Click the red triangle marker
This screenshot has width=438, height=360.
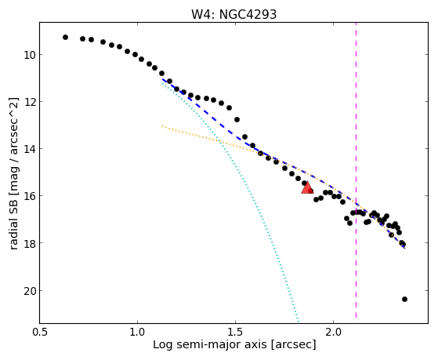point(307,187)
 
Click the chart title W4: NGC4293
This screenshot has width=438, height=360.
point(233,14)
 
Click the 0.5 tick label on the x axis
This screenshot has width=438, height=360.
point(40,332)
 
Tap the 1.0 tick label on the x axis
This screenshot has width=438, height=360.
point(137,332)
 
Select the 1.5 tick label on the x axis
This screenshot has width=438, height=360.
point(236,332)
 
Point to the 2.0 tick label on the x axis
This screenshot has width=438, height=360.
point(334,332)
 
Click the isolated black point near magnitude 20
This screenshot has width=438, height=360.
point(404,300)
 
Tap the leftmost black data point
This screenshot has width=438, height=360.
point(65,37)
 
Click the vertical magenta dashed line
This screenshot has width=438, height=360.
point(357,171)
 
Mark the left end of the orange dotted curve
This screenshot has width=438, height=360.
point(162,126)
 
